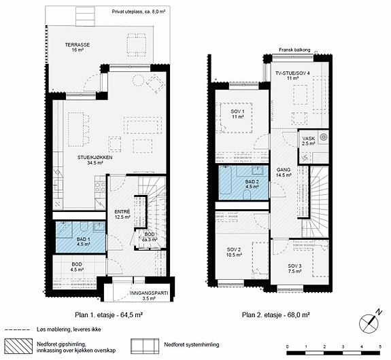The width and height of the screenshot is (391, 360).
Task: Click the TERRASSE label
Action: [x=78, y=45]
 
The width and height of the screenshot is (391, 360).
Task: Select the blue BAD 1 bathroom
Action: [x=80, y=237]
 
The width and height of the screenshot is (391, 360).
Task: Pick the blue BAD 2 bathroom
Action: [x=243, y=183]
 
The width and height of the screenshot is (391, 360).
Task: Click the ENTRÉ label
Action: [x=122, y=212]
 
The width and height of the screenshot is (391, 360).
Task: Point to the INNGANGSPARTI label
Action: [x=149, y=293]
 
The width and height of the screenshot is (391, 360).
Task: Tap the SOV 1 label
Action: [x=237, y=111]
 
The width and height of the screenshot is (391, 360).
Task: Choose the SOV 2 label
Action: [x=234, y=250]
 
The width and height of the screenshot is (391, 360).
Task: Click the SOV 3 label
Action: [x=294, y=266]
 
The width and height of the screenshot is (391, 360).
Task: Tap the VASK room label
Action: [x=309, y=139]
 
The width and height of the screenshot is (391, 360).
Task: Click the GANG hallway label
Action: [x=284, y=170]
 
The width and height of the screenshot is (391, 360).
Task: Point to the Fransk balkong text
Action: [x=294, y=50]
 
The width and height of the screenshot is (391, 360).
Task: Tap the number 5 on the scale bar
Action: [x=380, y=346]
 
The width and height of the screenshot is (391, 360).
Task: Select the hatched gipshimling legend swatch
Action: [x=19, y=346]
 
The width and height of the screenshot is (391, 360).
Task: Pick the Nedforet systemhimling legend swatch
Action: [x=145, y=346]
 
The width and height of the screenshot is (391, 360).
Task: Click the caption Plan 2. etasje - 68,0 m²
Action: [x=276, y=314]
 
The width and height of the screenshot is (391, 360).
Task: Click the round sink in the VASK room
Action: [x=324, y=137]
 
